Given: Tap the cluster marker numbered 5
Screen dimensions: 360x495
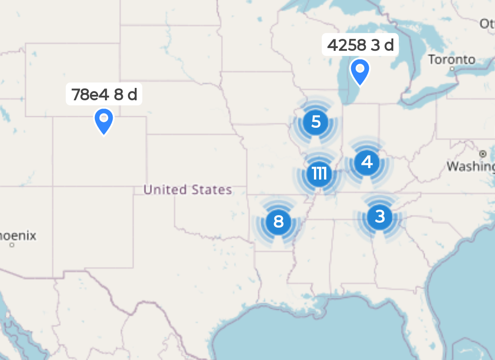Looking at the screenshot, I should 316,122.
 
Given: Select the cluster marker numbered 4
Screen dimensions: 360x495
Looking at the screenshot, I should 367,162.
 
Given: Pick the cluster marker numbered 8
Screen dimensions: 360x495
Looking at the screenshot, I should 278,222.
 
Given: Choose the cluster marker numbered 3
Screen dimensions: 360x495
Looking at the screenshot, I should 379,216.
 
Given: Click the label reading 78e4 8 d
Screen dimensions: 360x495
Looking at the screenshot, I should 104,94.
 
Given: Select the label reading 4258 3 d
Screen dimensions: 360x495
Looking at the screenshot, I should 360,45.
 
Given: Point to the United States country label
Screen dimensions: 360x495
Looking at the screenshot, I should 187,190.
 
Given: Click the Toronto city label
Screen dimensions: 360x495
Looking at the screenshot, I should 451,60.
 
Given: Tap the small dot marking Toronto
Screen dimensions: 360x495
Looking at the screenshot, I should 452,69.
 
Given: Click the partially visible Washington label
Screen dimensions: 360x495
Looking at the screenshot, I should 471,166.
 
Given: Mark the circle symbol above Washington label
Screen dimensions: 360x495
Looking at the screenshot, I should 482,153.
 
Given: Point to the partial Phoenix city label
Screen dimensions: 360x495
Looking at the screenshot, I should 17,236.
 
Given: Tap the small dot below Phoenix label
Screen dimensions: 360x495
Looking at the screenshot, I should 12,245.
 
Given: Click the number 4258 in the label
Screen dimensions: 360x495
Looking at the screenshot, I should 346,45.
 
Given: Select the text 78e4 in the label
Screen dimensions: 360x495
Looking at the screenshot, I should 90,94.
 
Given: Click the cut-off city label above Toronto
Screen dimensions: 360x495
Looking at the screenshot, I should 487,24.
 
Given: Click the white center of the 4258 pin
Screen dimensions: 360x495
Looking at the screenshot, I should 360,69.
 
